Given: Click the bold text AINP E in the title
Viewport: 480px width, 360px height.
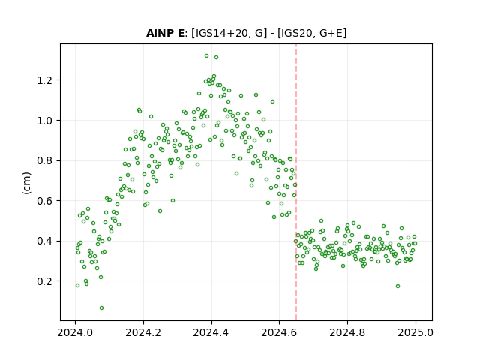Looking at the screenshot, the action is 165,33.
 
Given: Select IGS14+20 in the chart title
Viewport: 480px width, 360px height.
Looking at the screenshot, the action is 220,33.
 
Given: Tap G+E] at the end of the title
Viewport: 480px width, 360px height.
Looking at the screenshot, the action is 333,33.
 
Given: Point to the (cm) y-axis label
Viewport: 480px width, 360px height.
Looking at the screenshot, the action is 27,183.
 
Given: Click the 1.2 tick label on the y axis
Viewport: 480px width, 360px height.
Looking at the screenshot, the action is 45,80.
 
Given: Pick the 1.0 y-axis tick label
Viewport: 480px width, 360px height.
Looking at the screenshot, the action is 45,121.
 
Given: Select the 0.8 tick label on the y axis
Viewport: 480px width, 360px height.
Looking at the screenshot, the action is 45,160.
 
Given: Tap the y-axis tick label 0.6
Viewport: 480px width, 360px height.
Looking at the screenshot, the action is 45,201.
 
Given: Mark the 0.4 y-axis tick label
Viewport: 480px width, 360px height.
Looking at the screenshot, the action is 45,241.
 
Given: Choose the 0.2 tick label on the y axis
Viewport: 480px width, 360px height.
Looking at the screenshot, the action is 45,281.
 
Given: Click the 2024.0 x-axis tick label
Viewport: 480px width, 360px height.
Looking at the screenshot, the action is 75,332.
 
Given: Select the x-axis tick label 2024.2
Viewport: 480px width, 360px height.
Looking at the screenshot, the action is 143,332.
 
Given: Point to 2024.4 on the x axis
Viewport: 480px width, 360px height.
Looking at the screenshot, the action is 211,332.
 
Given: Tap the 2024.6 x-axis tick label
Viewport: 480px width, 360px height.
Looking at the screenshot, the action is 279,332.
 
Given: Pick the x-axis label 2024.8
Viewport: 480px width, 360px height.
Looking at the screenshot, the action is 347,332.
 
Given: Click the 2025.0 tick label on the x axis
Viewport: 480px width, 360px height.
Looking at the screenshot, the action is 415,332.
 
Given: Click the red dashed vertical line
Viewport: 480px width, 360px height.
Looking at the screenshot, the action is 296,182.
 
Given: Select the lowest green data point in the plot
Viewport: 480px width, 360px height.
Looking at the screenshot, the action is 102,308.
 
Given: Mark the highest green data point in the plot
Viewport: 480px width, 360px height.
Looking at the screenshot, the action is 207,56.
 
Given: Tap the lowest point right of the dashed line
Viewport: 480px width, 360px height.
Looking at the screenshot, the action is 397,286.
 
